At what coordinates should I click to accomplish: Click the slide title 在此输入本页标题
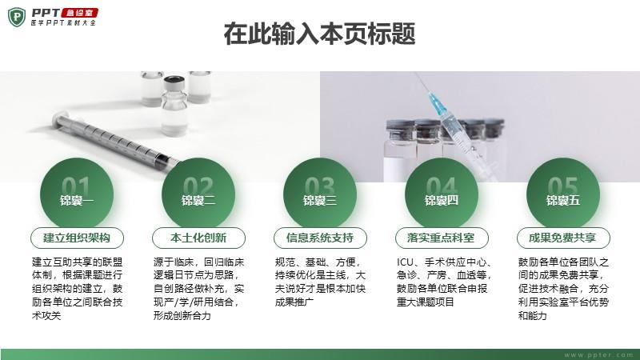click(x=319, y=34)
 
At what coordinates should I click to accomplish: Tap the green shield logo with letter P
click(x=16, y=17)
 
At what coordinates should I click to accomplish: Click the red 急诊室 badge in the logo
click(x=79, y=13)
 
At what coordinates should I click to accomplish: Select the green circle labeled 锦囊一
click(x=77, y=194)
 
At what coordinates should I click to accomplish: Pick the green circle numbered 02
click(x=198, y=194)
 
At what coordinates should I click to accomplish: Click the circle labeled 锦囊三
click(x=320, y=194)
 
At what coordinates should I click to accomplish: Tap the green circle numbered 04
click(x=442, y=194)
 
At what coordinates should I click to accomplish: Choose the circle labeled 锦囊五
click(x=563, y=194)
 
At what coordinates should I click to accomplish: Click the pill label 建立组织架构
click(x=77, y=238)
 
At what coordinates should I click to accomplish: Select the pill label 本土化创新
click(x=198, y=238)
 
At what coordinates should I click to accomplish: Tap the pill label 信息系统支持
click(x=320, y=238)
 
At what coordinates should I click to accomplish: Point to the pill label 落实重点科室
click(x=442, y=238)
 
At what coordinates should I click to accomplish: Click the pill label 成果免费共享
click(x=563, y=238)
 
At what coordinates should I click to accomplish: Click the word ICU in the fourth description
click(x=405, y=262)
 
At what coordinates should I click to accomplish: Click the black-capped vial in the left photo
click(x=174, y=105)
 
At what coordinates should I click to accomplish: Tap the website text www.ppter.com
click(x=598, y=355)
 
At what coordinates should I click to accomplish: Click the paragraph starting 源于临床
click(x=198, y=289)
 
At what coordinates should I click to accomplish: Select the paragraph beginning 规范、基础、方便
click(x=320, y=282)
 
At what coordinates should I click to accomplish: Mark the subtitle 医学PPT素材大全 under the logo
click(x=64, y=23)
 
